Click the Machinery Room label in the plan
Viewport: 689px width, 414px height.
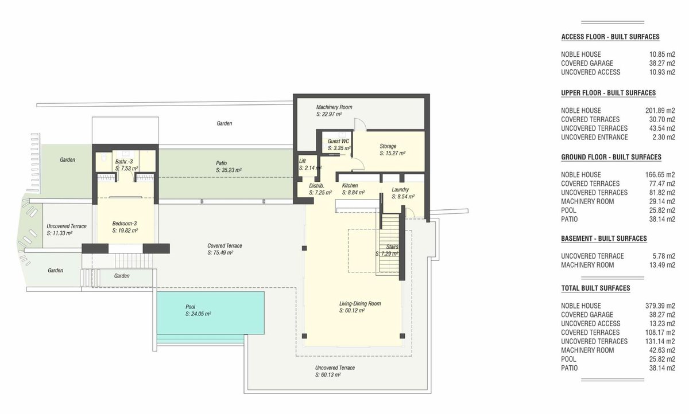coord(334,107)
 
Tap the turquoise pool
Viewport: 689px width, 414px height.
coord(210,313)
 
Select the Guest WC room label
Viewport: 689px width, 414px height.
coord(338,141)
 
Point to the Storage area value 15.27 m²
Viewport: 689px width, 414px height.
coord(393,153)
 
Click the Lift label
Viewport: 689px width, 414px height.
coord(303,161)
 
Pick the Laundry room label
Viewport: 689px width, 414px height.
coord(400,190)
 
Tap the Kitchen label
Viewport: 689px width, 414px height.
coord(350,186)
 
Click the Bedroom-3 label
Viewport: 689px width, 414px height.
coord(124,224)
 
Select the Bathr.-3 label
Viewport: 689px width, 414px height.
coord(124,162)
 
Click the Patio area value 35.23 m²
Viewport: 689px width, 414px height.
coord(229,170)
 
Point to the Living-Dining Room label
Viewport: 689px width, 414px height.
coord(360,304)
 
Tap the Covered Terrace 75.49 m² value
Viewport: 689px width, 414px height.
coord(220,253)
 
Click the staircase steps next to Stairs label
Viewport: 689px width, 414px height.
coord(389,243)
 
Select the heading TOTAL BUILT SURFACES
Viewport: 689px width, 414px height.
coord(595,288)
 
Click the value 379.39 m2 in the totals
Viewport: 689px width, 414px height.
coord(660,306)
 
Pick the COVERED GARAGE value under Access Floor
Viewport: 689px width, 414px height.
coord(662,63)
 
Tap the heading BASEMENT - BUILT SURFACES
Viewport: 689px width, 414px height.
coord(604,239)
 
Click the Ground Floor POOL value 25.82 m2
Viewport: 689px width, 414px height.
coord(662,210)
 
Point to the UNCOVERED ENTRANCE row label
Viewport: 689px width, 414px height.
coord(594,137)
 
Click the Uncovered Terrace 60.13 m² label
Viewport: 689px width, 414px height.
coord(335,368)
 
